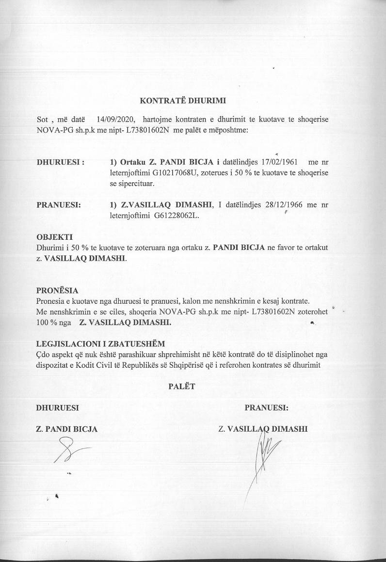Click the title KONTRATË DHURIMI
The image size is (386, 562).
(x=183, y=101)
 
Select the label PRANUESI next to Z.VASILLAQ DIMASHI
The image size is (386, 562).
(x=59, y=205)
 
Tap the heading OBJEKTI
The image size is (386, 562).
(x=54, y=237)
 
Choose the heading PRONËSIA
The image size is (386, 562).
(x=57, y=291)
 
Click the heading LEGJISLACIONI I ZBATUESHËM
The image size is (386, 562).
(x=100, y=344)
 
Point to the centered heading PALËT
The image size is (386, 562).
(x=181, y=386)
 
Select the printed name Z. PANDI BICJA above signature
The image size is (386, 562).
(x=67, y=429)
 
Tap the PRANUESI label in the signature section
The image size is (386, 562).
(x=266, y=407)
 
